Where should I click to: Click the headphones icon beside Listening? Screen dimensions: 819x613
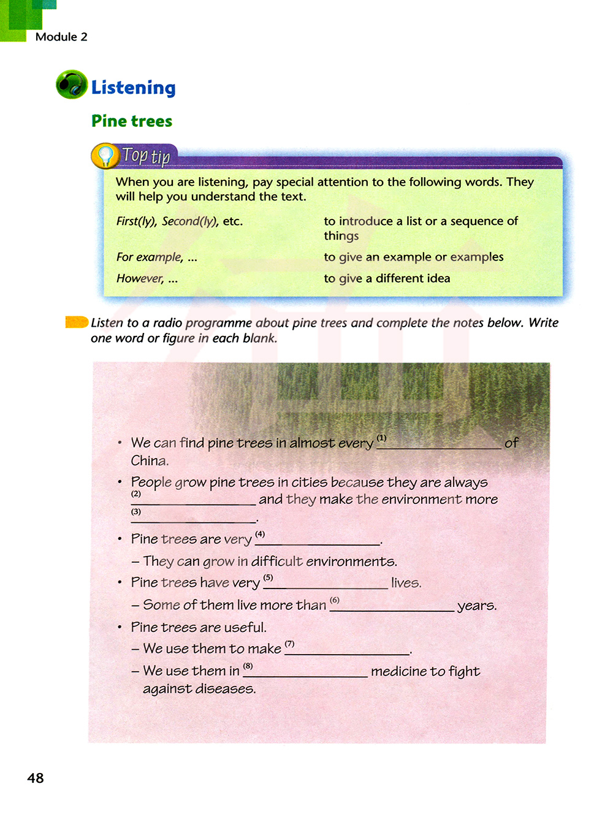(72, 85)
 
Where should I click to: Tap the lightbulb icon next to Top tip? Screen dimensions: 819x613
(105, 156)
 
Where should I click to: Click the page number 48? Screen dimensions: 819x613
(36, 778)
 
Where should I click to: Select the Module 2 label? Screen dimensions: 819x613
(61, 37)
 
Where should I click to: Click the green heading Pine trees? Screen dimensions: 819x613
(132, 121)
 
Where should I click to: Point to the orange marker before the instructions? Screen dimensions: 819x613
(77, 322)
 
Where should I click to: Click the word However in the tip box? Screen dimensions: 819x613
(140, 278)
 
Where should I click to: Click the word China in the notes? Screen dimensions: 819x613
(150, 460)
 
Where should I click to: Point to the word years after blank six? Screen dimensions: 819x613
(476, 606)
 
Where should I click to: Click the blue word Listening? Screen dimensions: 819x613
(133, 88)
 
